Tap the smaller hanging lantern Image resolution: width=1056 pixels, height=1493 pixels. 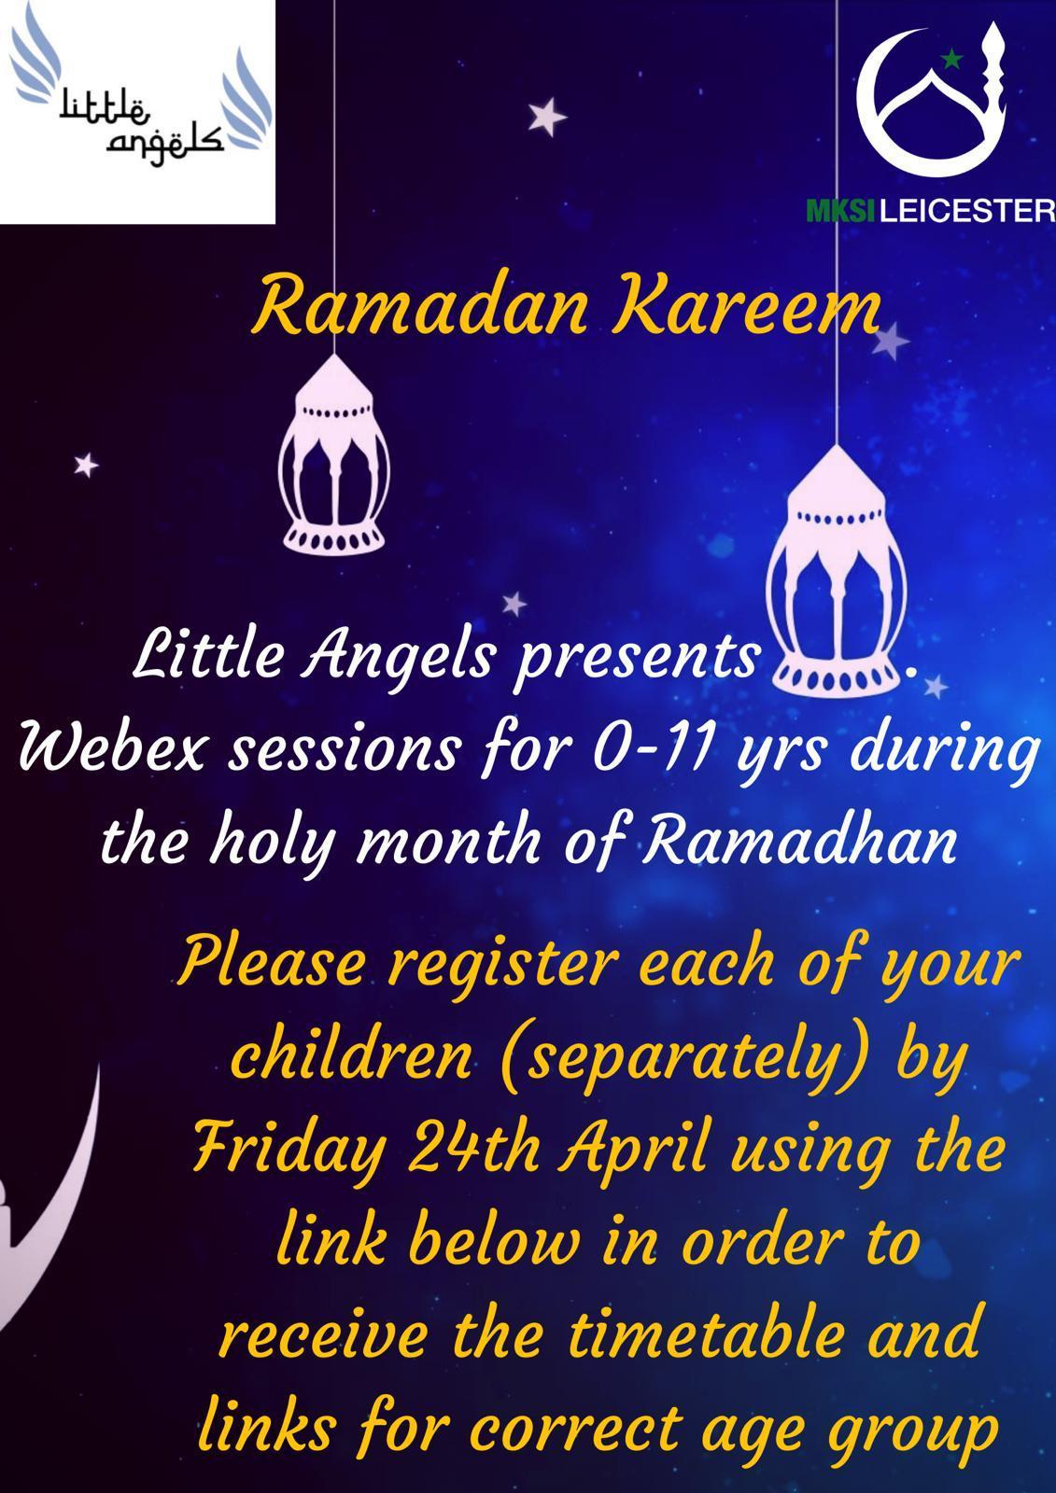coord(333,454)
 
